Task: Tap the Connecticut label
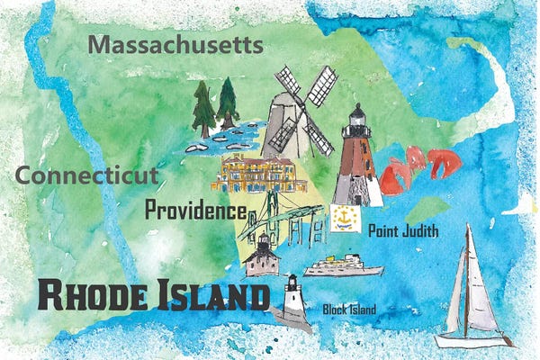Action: (88, 175)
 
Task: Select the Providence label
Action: (195, 212)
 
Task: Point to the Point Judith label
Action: (403, 232)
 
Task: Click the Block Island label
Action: (349, 310)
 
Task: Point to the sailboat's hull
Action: (472, 340)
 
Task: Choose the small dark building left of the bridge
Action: (261, 256)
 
